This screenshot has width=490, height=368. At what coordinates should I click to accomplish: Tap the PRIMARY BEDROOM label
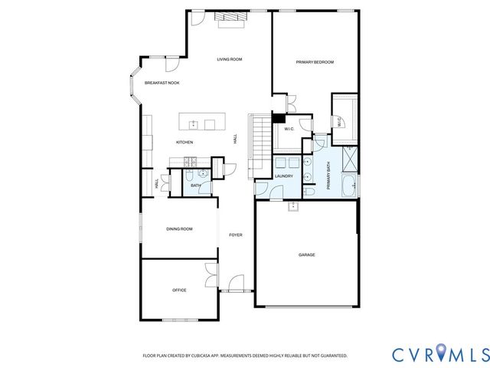[315, 62]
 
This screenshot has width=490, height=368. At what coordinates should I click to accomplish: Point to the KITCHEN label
[185, 142]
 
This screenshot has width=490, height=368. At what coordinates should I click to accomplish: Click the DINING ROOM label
[179, 228]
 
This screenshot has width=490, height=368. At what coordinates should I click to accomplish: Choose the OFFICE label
[179, 290]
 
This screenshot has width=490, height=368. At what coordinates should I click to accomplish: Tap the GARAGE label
[307, 255]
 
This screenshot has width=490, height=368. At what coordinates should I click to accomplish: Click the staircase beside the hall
[261, 139]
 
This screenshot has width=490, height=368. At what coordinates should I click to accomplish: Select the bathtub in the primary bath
[348, 184]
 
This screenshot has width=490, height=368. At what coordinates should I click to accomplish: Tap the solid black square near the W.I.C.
[279, 118]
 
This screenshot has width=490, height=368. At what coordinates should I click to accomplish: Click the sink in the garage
[293, 205]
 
